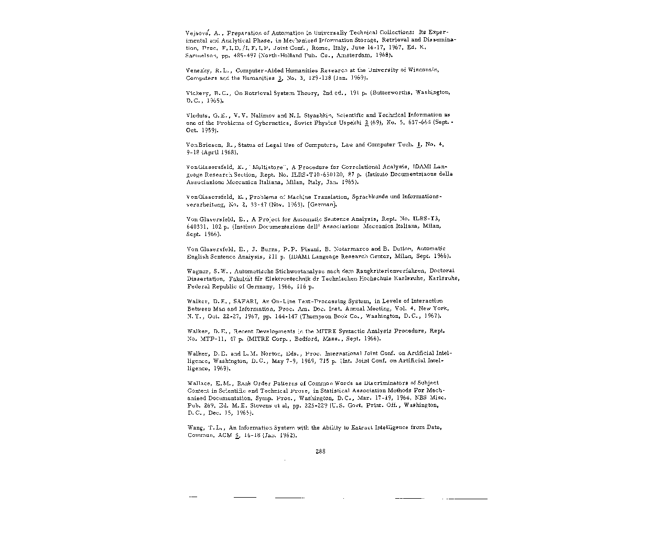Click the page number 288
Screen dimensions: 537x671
click(320, 452)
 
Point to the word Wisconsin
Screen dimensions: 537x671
click(421, 70)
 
